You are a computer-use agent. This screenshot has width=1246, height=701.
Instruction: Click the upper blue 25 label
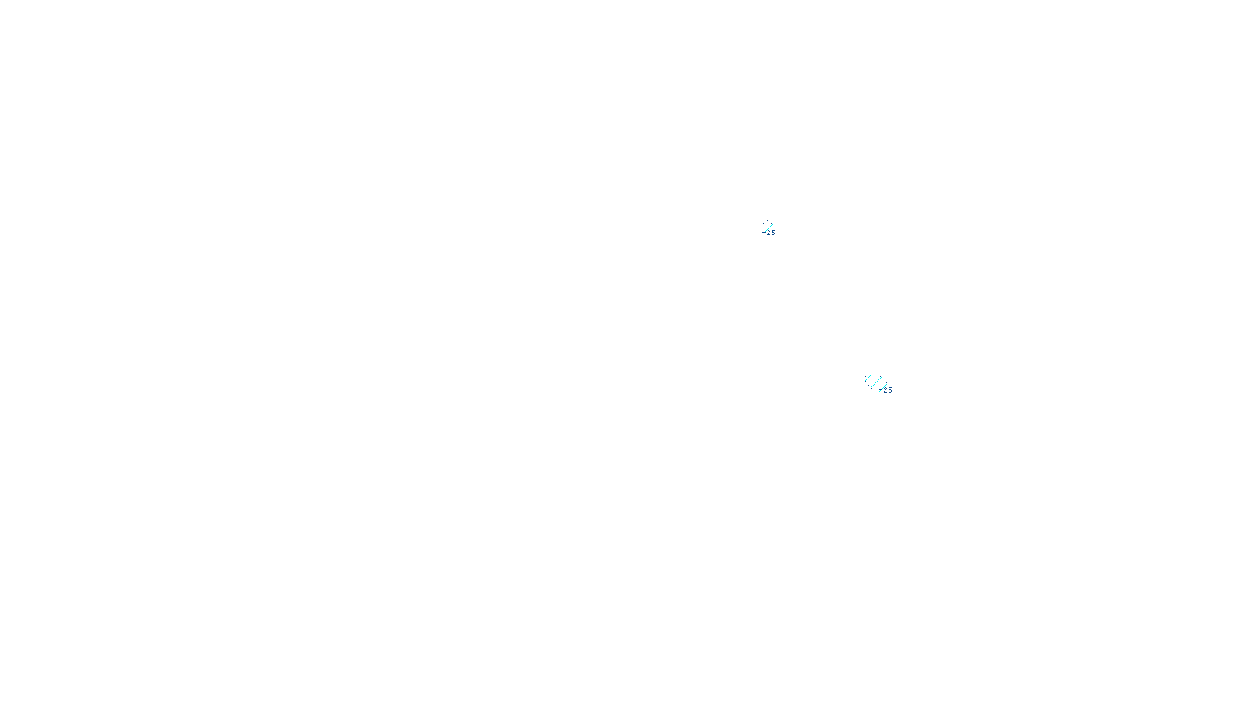(x=771, y=233)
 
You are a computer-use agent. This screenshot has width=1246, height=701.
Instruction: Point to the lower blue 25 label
(x=887, y=390)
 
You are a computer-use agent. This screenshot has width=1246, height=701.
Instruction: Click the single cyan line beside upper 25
(x=768, y=227)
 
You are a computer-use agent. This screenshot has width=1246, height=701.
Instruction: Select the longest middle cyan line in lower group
(x=875, y=382)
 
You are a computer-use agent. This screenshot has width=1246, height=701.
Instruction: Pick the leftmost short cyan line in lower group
(x=868, y=378)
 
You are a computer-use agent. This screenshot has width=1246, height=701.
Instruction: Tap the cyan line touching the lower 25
(x=882, y=388)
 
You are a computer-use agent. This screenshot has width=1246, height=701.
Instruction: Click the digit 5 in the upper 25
(x=773, y=233)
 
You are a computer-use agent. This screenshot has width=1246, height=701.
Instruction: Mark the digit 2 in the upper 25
(x=769, y=233)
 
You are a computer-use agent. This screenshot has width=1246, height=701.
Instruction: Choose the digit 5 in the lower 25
(x=889, y=390)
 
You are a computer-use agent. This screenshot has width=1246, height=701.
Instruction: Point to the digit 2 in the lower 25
(x=885, y=390)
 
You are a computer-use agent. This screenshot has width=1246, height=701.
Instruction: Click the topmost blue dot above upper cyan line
(x=767, y=221)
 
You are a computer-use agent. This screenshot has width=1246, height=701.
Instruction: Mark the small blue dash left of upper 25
(x=763, y=231)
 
